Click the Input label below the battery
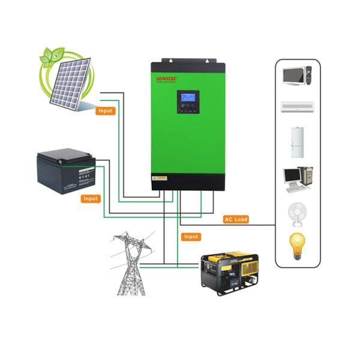91,198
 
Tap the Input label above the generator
191,236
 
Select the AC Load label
236,219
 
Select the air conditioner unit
298,107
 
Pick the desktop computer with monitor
298,178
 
